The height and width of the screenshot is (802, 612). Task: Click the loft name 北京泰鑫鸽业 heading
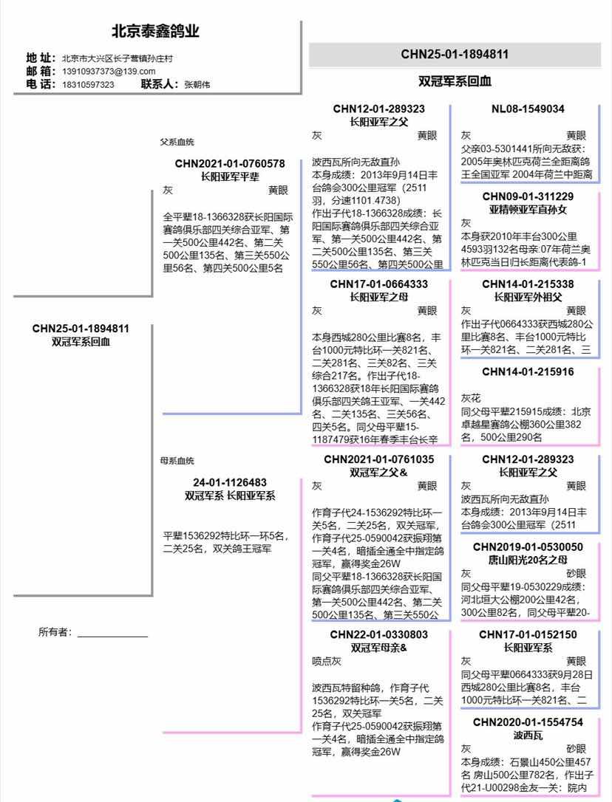pos(155,32)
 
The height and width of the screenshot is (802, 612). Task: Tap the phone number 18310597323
pos(88,85)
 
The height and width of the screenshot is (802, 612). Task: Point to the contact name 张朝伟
pos(197,85)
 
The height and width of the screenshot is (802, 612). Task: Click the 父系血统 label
pos(177,142)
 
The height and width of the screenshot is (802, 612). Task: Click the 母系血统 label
pos(177,461)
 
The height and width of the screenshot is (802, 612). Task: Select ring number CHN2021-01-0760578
pos(230,163)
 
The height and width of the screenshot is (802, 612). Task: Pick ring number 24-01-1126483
pos(230,482)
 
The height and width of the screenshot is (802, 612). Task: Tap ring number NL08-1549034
pos(528,109)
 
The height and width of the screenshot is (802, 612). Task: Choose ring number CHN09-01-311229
pos(528,196)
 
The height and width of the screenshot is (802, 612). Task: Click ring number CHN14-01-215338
pos(528,284)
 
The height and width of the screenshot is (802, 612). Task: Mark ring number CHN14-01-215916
pos(528,371)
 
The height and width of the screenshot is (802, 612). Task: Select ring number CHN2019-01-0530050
pos(528,547)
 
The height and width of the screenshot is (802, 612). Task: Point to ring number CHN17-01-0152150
pos(528,634)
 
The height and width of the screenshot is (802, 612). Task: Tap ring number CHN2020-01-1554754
pos(528,722)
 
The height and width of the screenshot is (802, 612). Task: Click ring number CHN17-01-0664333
pos(378,284)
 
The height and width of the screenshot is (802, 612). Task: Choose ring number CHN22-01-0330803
pos(378,634)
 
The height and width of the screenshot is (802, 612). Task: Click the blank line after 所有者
pos(112,634)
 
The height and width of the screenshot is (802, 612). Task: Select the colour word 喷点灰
pos(326,662)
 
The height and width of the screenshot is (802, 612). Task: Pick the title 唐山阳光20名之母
pos(528,560)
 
